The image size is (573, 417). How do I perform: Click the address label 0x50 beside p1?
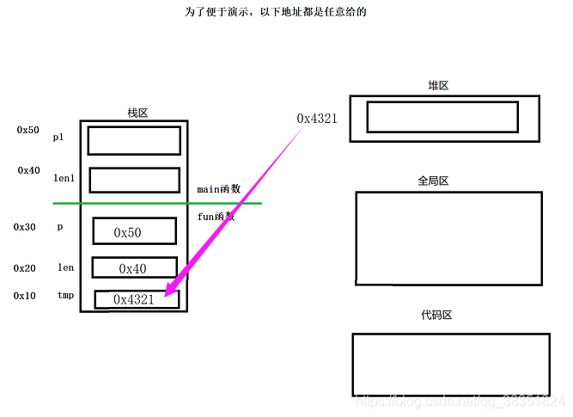pyautogui.click(x=27, y=130)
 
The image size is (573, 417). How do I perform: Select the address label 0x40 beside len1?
pyautogui.click(x=28, y=170)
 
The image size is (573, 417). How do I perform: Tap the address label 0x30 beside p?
pyautogui.click(x=24, y=227)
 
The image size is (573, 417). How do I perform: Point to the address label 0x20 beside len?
pyautogui.click(x=24, y=268)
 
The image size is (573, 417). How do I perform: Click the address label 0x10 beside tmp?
pyautogui.click(x=24, y=296)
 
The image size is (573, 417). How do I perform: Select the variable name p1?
pyautogui.click(x=58, y=137)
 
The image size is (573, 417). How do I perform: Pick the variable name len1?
pyautogui.click(x=64, y=177)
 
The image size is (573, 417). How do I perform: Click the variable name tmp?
pyautogui.click(x=65, y=296)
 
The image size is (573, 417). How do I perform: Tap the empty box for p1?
pyautogui.click(x=134, y=140)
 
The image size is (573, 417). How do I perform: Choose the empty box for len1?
pyautogui.click(x=134, y=180)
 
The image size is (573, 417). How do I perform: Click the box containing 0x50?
pyautogui.click(x=134, y=231)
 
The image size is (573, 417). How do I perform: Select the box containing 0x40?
pyautogui.click(x=134, y=268)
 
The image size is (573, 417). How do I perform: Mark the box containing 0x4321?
pyautogui.click(x=137, y=299)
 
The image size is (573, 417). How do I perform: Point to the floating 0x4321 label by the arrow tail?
pyautogui.click(x=317, y=118)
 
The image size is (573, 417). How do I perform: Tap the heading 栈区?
pyautogui.click(x=137, y=113)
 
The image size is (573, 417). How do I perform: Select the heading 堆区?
pyautogui.click(x=439, y=86)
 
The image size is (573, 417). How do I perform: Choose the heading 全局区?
pyautogui.click(x=433, y=181)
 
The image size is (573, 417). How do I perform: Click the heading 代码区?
pyautogui.click(x=436, y=316)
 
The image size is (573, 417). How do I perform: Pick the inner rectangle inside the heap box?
pyautogui.click(x=442, y=117)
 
